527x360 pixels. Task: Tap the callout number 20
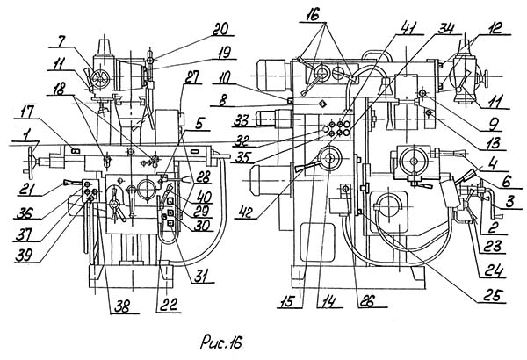click(221, 29)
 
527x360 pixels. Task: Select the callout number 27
click(191, 77)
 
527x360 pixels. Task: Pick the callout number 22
click(169, 306)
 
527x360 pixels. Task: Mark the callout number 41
click(408, 28)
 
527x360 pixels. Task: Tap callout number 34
click(445, 28)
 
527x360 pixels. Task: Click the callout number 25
click(493, 296)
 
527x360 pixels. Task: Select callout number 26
click(366, 301)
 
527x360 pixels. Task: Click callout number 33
click(242, 121)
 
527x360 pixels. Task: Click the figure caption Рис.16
click(221, 342)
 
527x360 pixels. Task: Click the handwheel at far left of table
click(32, 163)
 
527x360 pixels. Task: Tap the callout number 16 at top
click(314, 15)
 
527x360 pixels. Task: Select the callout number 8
click(223, 100)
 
